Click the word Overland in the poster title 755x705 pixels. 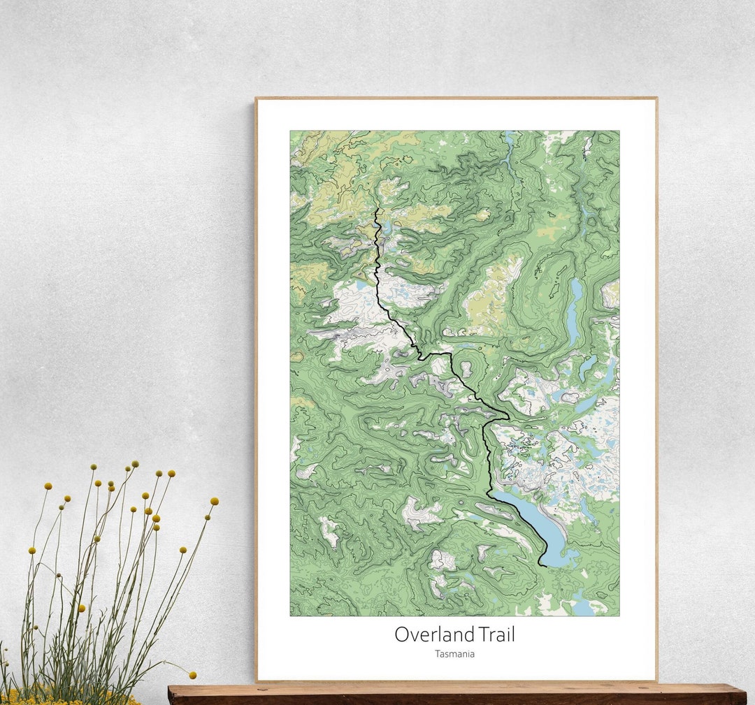point(435,634)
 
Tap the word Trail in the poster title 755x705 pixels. point(497,634)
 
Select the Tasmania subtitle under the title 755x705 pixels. point(454,655)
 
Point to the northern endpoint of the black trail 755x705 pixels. point(377,208)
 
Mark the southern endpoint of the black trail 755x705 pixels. point(540,565)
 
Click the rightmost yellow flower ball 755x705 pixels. point(214,501)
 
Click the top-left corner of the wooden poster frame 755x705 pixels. point(256,98)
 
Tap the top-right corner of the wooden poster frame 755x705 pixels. point(656,98)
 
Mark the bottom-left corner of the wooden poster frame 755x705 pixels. point(256,681)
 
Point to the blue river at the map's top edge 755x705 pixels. point(510,140)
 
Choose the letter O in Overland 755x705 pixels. point(402,635)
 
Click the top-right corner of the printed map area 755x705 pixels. point(619,131)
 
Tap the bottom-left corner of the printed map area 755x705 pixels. point(290,616)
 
